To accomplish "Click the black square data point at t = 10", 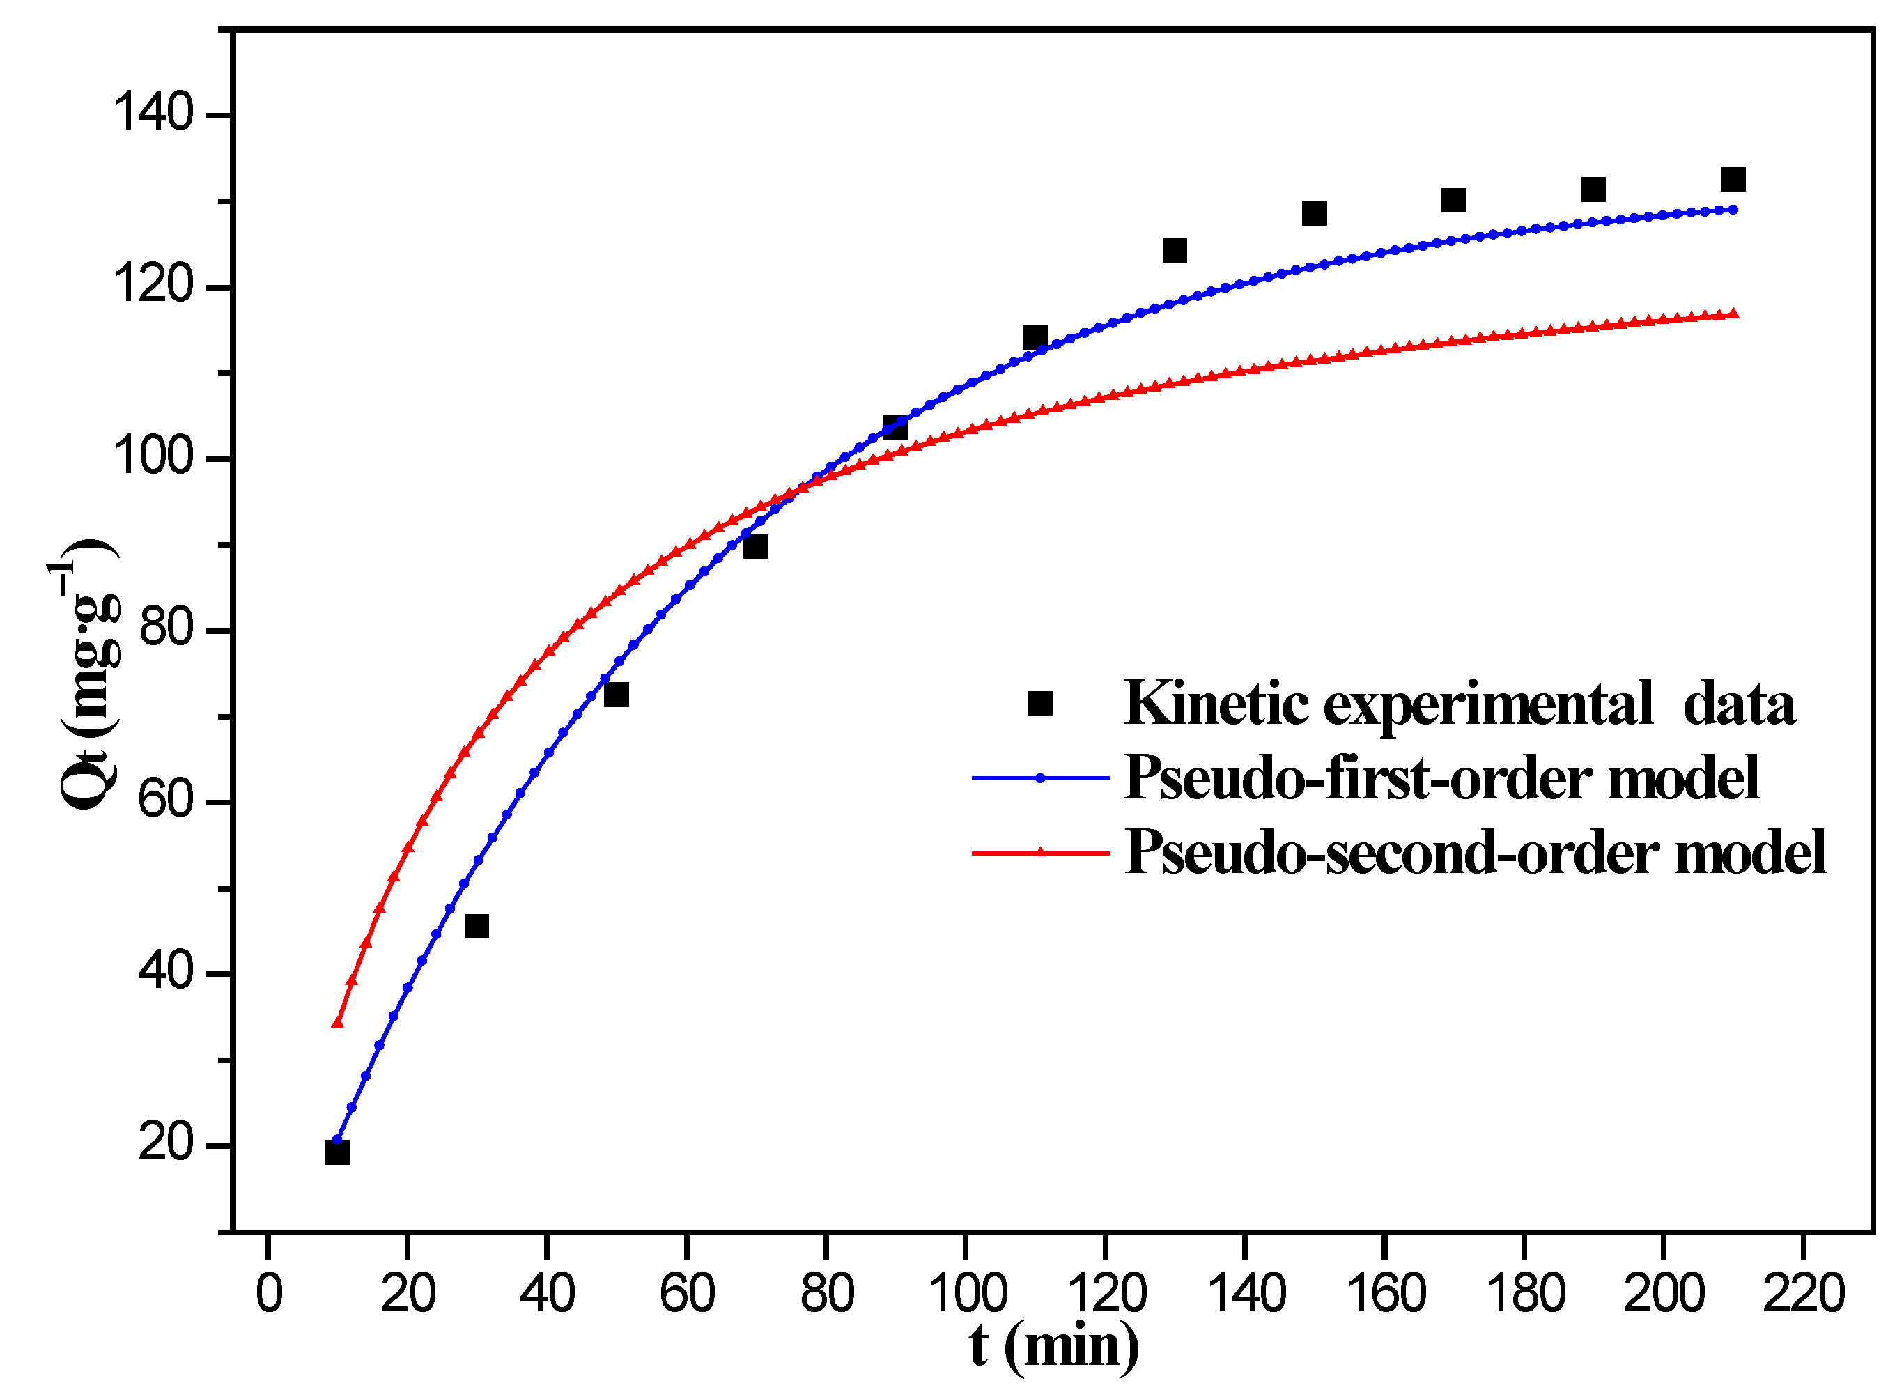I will click(x=337, y=1152).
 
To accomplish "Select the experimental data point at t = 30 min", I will click(x=477, y=927).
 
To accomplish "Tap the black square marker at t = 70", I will click(x=756, y=546).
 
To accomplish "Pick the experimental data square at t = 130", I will click(x=1174, y=250).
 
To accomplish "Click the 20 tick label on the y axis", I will click(x=166, y=1143).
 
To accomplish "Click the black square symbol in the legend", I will click(x=1039, y=703).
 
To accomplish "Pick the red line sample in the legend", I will click(x=1039, y=853).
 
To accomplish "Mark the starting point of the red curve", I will click(x=337, y=1023).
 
